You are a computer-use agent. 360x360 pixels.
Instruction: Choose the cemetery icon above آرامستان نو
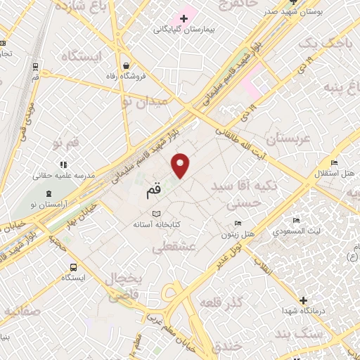(49, 193)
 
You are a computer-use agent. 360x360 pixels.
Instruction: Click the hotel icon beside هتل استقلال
(334, 163)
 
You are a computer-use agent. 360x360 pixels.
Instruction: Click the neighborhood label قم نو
(67, 143)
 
